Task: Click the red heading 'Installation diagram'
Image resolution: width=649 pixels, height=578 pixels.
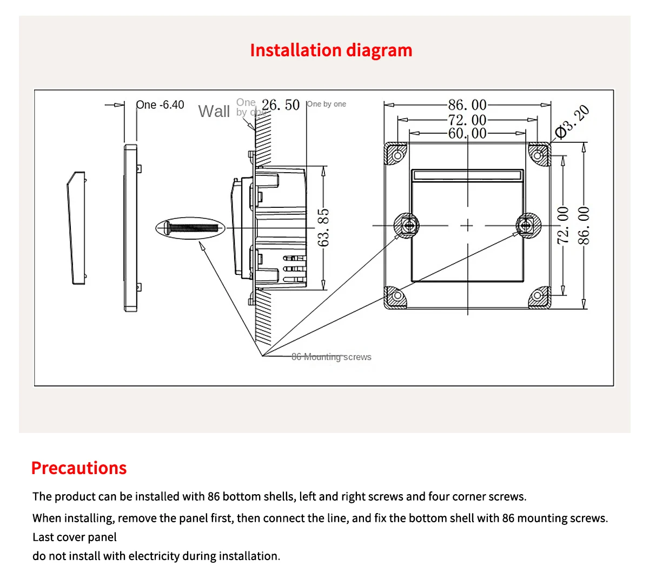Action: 331,50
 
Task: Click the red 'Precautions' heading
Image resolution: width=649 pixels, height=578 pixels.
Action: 79,468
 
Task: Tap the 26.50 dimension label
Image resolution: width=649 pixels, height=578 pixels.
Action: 280,105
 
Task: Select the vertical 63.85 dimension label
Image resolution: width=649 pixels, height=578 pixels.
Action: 323,227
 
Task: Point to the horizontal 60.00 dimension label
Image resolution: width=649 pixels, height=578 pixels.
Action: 467,133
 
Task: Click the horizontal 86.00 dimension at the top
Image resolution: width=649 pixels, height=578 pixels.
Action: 467,104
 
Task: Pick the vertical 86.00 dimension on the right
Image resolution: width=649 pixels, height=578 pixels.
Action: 584,225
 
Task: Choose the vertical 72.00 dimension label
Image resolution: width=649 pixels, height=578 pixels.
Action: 563,225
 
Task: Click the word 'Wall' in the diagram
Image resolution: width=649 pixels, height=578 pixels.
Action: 214,111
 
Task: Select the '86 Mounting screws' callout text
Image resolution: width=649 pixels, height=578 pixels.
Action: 331,357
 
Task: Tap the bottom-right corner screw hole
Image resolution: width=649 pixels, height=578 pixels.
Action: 537,295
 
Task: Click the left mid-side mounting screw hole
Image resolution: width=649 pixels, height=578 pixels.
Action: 407,225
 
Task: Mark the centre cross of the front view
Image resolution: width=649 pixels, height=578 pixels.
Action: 467,225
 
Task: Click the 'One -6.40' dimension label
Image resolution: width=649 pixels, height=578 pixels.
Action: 160,105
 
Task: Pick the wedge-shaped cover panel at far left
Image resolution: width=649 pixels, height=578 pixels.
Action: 76,227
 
